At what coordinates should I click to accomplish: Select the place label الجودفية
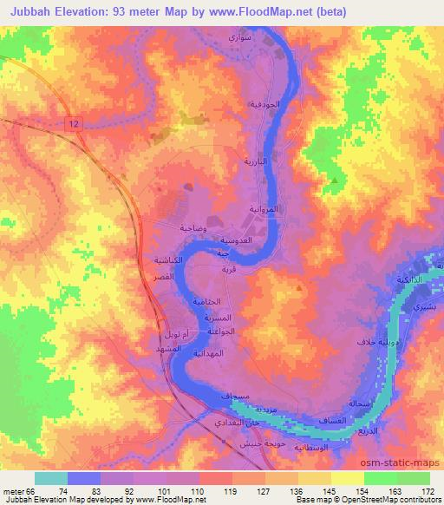pos(264,104)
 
